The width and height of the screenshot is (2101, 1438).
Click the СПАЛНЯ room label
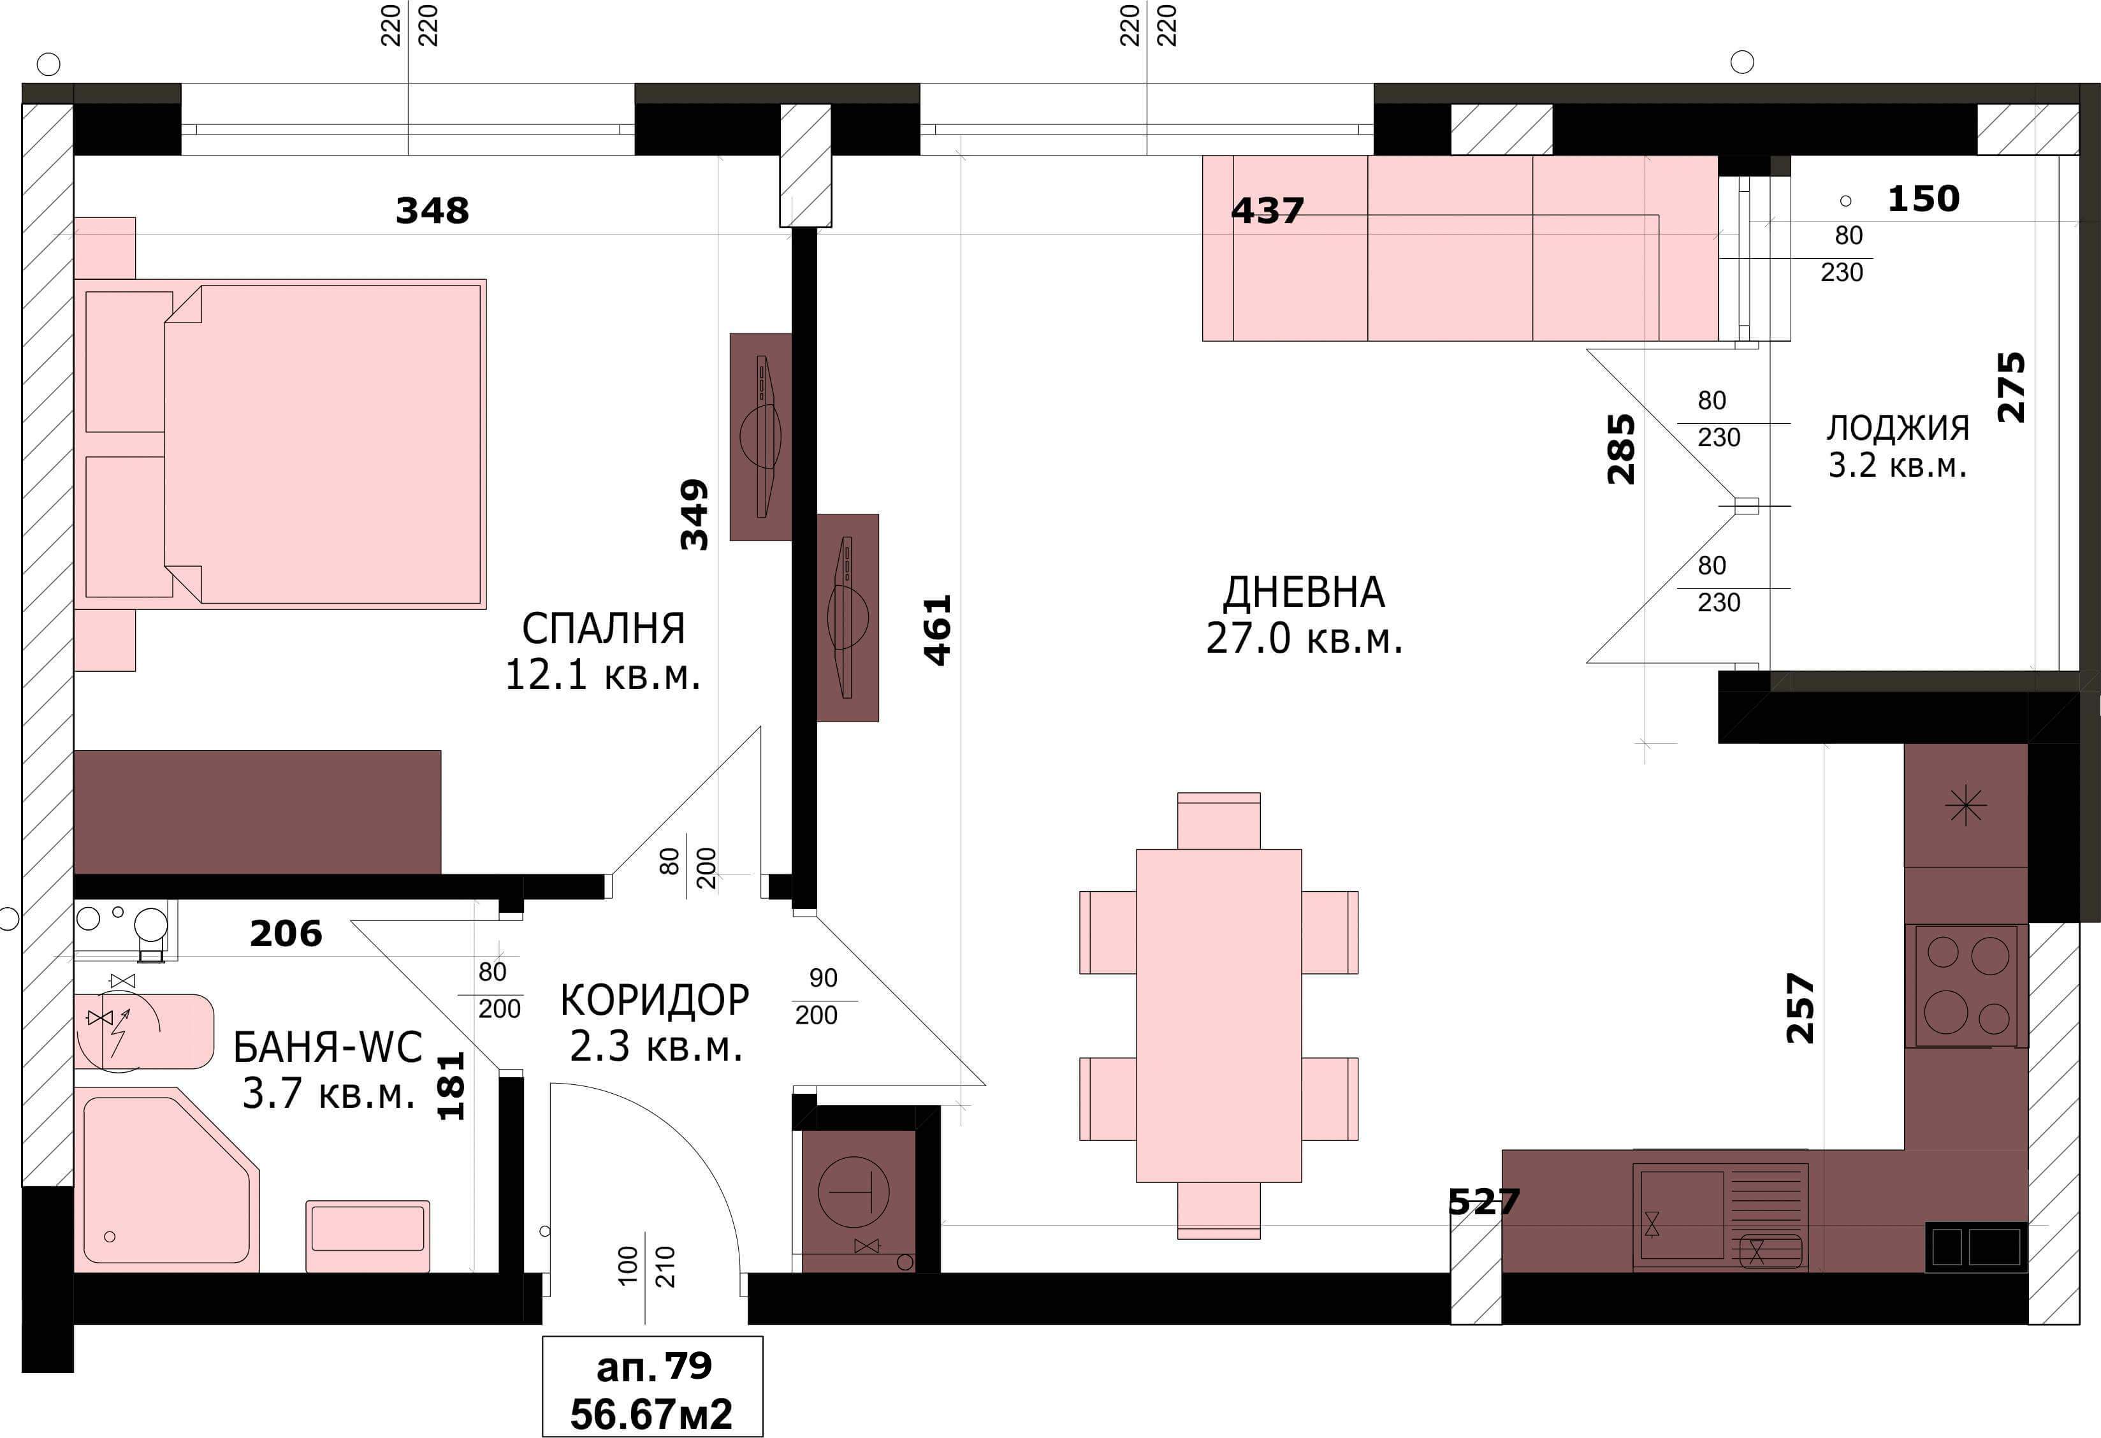[603, 628]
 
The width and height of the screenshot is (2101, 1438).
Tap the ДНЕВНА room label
[1304, 593]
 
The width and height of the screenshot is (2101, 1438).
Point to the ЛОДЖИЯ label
[1898, 428]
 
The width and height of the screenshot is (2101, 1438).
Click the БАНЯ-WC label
[327, 1047]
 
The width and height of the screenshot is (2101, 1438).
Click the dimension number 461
[938, 630]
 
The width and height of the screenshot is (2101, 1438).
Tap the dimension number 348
[432, 210]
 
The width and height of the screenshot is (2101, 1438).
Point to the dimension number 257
[1800, 1008]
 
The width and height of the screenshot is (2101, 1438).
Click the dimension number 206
[286, 934]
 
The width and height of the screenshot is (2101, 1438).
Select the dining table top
[1219, 1015]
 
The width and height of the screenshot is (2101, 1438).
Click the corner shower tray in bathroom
[166, 1179]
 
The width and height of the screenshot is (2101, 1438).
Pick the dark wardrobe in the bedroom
[258, 811]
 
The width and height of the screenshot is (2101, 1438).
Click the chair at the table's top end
[1219, 821]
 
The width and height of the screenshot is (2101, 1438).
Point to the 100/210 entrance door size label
[646, 1267]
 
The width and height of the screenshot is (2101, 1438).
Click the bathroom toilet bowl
[144, 1031]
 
